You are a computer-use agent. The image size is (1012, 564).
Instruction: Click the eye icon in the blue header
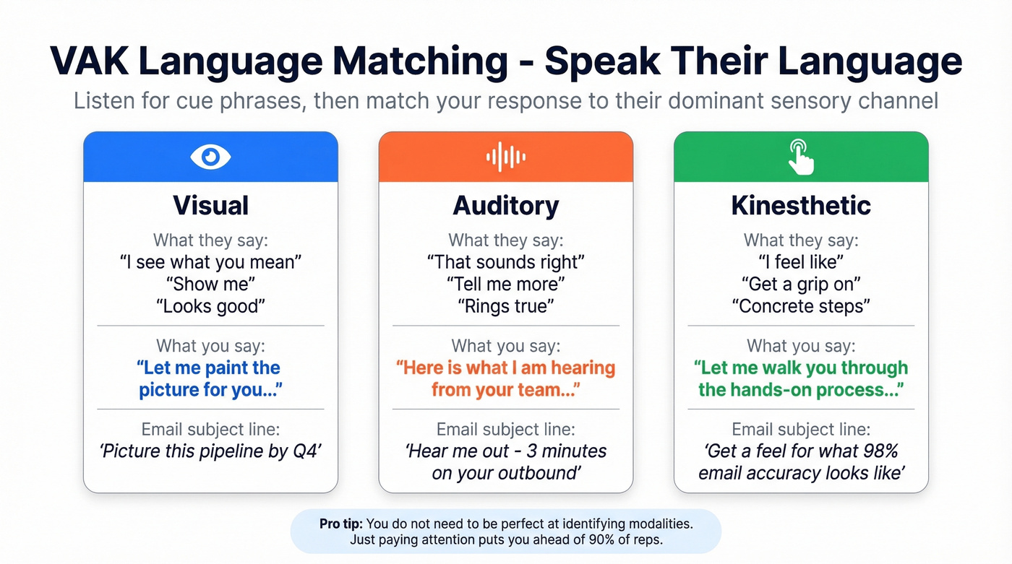tap(210, 157)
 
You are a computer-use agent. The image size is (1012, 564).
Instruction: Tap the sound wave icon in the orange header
tap(505, 157)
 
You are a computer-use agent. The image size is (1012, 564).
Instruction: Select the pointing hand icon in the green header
tap(800, 157)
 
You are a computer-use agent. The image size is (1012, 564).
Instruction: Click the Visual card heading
tap(210, 206)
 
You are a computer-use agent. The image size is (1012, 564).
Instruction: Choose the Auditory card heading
tap(505, 206)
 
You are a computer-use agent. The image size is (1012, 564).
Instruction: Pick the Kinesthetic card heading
tap(800, 206)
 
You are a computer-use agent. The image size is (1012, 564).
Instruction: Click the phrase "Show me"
tap(210, 284)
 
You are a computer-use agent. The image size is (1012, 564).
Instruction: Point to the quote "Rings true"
tap(505, 306)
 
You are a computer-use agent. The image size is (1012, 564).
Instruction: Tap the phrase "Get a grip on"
tap(800, 284)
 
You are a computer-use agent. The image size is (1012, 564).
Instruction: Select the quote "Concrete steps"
tap(800, 306)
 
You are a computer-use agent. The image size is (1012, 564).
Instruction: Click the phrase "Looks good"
tap(210, 306)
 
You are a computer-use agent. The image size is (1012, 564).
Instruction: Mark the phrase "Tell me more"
tap(505, 284)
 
